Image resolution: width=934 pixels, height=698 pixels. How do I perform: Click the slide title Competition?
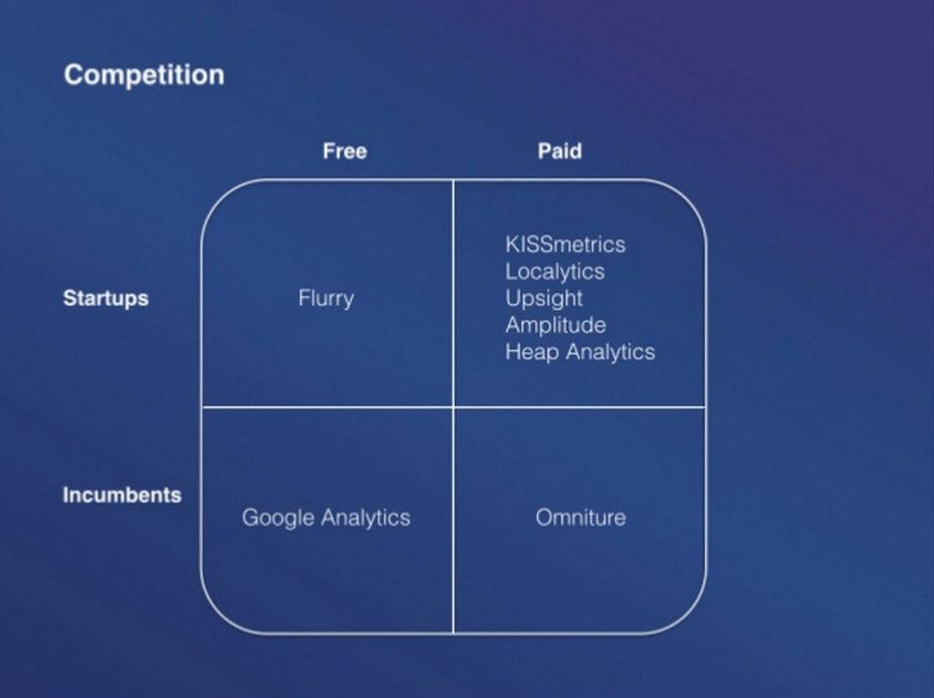coord(144,75)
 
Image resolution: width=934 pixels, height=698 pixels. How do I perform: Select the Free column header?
coord(345,151)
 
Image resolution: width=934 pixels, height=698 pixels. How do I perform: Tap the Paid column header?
coord(560,151)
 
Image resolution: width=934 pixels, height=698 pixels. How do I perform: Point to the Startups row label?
coord(106,298)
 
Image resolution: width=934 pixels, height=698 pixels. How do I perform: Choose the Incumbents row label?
coord(122,495)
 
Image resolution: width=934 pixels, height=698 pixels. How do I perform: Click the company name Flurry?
coord(326,298)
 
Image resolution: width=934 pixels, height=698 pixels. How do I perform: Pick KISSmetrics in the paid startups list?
coord(566,245)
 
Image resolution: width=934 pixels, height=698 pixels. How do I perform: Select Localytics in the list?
coord(555,272)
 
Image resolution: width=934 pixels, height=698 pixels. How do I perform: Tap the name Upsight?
coord(544,298)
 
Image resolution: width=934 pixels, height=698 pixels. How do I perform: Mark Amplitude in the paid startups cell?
coord(555,326)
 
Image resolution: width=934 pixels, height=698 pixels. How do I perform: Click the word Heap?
coord(533,352)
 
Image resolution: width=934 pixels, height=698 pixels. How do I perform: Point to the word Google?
coord(278,518)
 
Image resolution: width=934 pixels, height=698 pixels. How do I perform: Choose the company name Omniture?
coord(581,517)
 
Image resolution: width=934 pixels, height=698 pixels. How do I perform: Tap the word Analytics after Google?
coord(366,518)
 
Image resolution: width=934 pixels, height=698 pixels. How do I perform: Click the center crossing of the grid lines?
coord(453,407)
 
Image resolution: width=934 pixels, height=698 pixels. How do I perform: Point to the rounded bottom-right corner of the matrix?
coord(690,618)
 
